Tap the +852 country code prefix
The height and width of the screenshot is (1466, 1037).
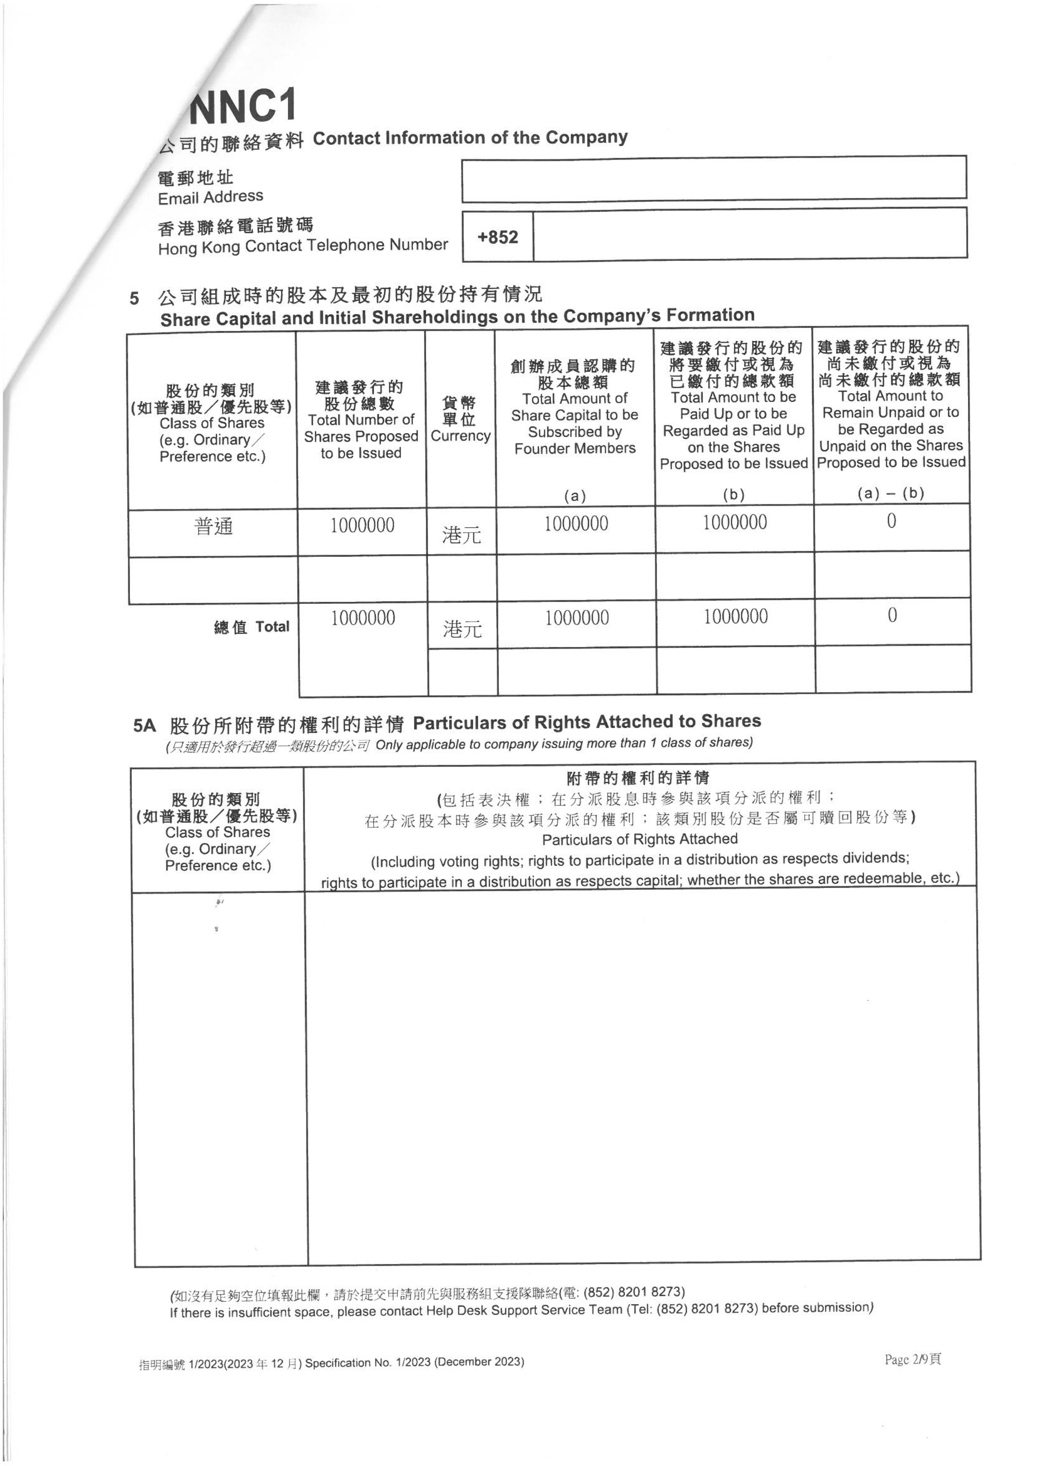pyautogui.click(x=497, y=237)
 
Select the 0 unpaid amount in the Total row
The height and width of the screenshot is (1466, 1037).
pyautogui.click(x=892, y=616)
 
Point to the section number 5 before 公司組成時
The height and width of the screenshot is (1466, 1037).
pyautogui.click(x=134, y=298)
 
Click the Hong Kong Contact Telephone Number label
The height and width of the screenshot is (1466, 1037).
pyautogui.click(x=303, y=246)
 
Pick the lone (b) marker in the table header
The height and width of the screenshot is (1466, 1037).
pyautogui.click(x=734, y=494)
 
